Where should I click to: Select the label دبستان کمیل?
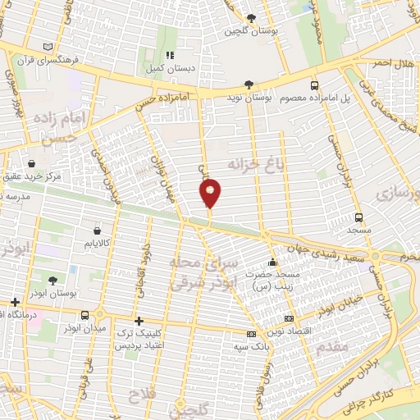pos(170,70)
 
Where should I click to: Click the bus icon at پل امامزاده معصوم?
pos(314,84)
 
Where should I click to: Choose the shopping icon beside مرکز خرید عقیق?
pos(31,163)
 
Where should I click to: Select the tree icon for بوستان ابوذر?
pos(52,280)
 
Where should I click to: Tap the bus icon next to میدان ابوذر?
pos(85,315)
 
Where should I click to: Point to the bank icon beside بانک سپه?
pos(251,334)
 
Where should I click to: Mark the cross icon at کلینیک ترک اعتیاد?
pos(139,321)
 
